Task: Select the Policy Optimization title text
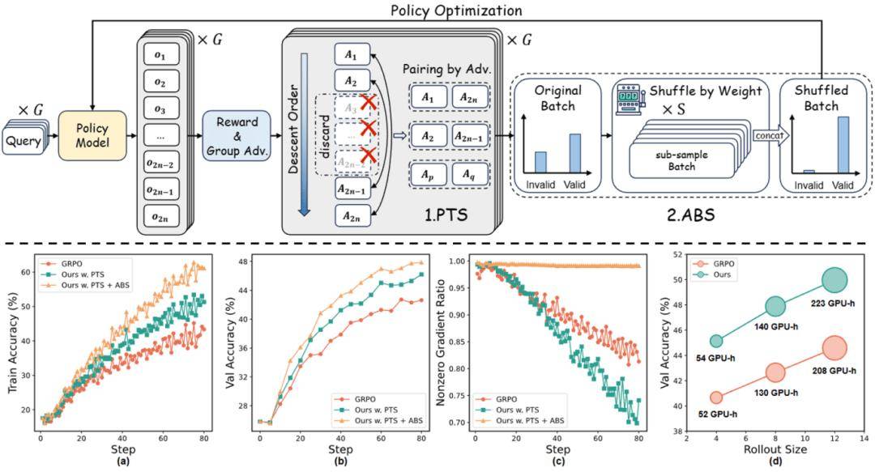(456, 11)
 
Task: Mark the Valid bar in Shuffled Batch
(843, 145)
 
